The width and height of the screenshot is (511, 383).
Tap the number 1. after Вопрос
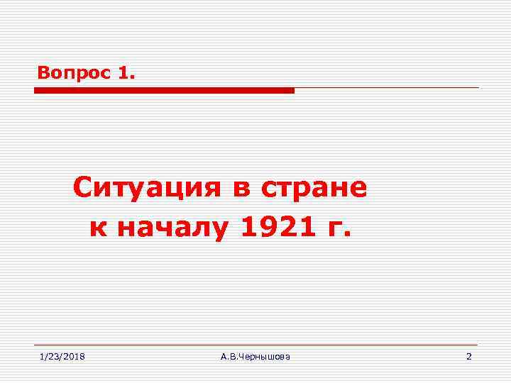(x=121, y=72)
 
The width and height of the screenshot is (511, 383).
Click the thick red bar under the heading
(x=164, y=91)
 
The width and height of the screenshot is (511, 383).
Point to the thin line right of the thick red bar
(x=387, y=88)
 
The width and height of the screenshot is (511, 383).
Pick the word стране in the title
(x=314, y=189)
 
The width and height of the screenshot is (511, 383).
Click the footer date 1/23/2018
(x=62, y=356)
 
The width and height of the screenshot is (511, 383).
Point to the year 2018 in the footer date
(x=75, y=356)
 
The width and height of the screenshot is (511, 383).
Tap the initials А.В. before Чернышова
(x=229, y=356)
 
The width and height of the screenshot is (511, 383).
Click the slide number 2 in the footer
(x=468, y=356)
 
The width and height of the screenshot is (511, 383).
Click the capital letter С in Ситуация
(x=83, y=188)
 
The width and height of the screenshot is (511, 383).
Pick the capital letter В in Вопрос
(x=43, y=72)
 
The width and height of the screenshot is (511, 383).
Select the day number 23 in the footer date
(x=54, y=356)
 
